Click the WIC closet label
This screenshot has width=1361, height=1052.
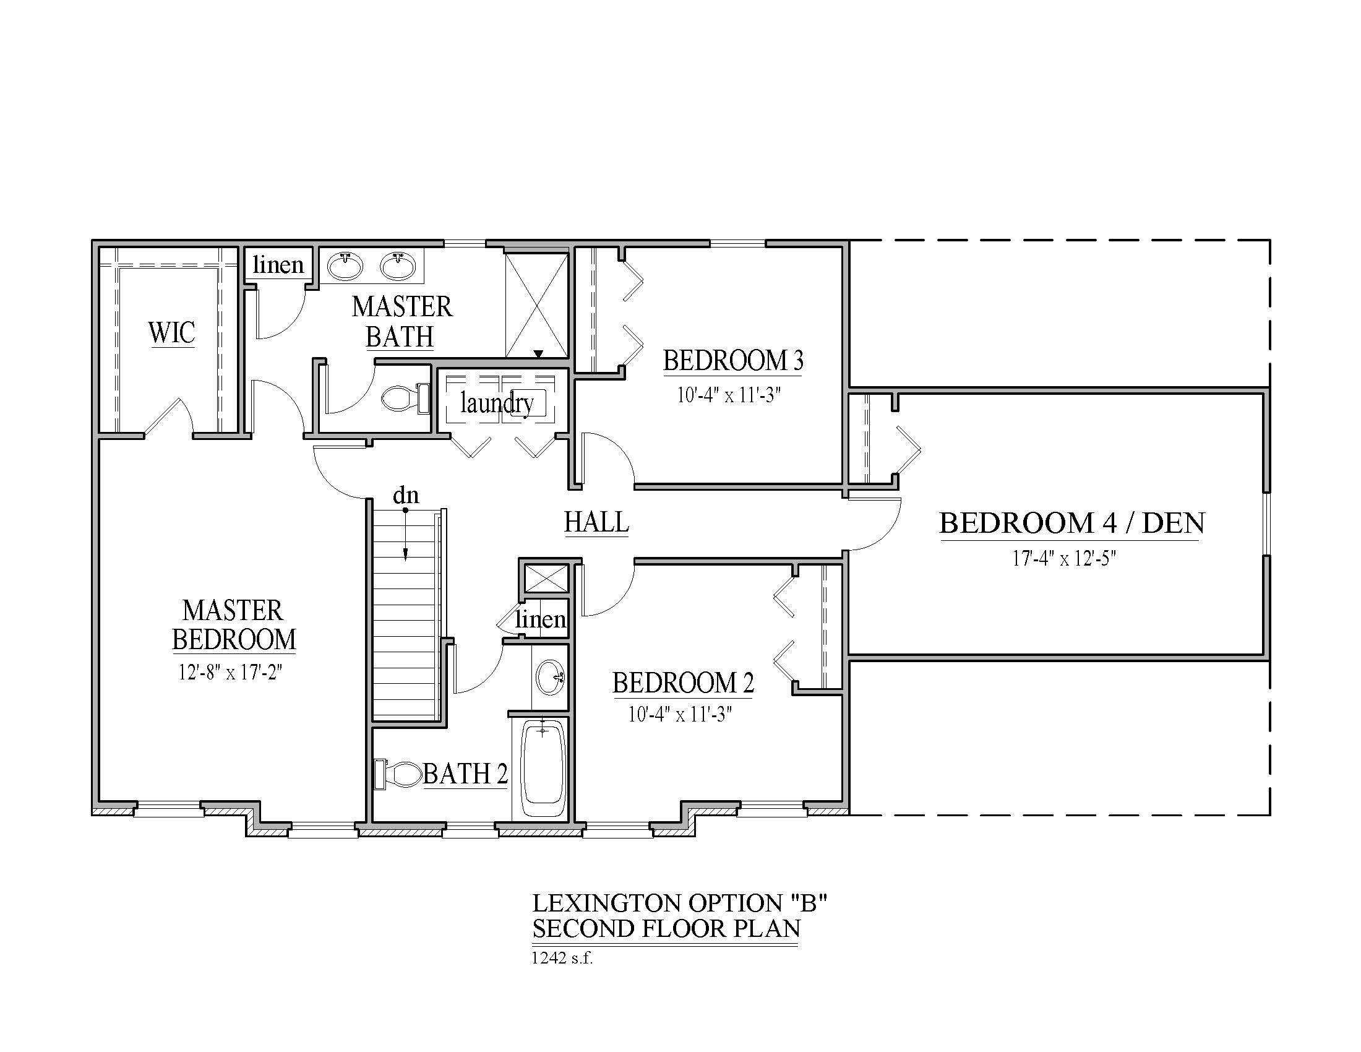click(x=171, y=332)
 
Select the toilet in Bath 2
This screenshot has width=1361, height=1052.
click(x=398, y=775)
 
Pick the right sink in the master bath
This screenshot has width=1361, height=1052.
click(x=398, y=266)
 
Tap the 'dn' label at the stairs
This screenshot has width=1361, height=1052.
click(x=406, y=496)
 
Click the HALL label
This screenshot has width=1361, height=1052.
click(x=596, y=522)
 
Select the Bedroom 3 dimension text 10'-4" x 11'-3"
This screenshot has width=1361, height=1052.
click(x=729, y=395)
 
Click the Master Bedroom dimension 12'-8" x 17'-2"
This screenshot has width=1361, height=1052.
click(x=231, y=673)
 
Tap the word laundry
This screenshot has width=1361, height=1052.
click(x=497, y=404)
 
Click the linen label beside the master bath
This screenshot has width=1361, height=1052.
click(x=278, y=265)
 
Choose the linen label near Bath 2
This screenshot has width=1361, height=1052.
click(x=540, y=619)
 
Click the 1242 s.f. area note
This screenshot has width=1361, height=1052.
click(x=562, y=957)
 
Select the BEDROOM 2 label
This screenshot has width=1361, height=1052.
click(x=683, y=683)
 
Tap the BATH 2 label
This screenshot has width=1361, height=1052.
click(x=465, y=774)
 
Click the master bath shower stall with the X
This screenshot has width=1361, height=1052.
click(x=536, y=305)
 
